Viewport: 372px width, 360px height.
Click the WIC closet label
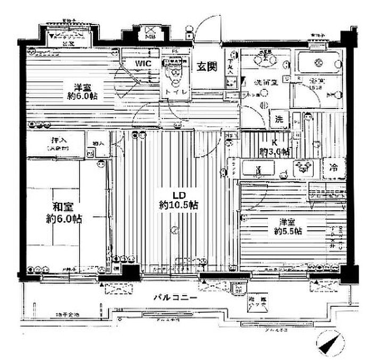click(x=143, y=64)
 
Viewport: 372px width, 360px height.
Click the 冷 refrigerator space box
click(x=334, y=167)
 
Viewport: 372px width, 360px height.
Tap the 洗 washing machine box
click(x=279, y=119)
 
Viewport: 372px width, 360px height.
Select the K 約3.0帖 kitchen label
click(x=274, y=147)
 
